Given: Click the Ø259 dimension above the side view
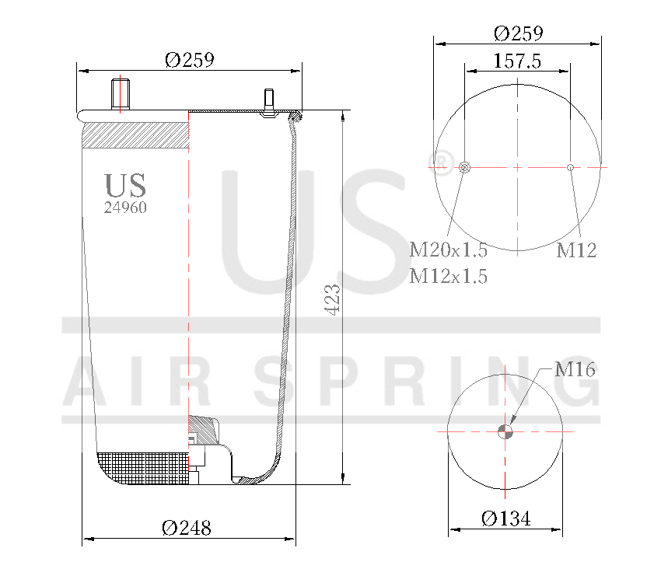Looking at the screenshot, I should (189, 60).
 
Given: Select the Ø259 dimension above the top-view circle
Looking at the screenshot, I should (518, 33).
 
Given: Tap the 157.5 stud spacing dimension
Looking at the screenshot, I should (517, 61).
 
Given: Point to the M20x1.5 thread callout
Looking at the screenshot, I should (449, 250).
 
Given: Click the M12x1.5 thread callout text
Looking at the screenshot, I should (449, 276).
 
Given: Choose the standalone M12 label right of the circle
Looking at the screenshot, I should (576, 250).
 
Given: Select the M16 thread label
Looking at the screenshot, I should (575, 370).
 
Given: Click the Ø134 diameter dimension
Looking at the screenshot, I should (505, 519).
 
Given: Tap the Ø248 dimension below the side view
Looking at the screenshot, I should (187, 528).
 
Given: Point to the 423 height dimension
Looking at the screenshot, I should (333, 299).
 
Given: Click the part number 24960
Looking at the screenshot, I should (125, 208).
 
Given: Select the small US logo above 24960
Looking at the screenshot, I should (125, 186).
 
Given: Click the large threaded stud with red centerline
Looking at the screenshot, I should (121, 95).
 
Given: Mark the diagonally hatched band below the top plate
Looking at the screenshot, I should (135, 135).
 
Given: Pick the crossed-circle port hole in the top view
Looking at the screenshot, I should (465, 167).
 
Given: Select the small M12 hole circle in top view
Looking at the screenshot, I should (571, 167).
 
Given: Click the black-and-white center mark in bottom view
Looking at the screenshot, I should (505, 431).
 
